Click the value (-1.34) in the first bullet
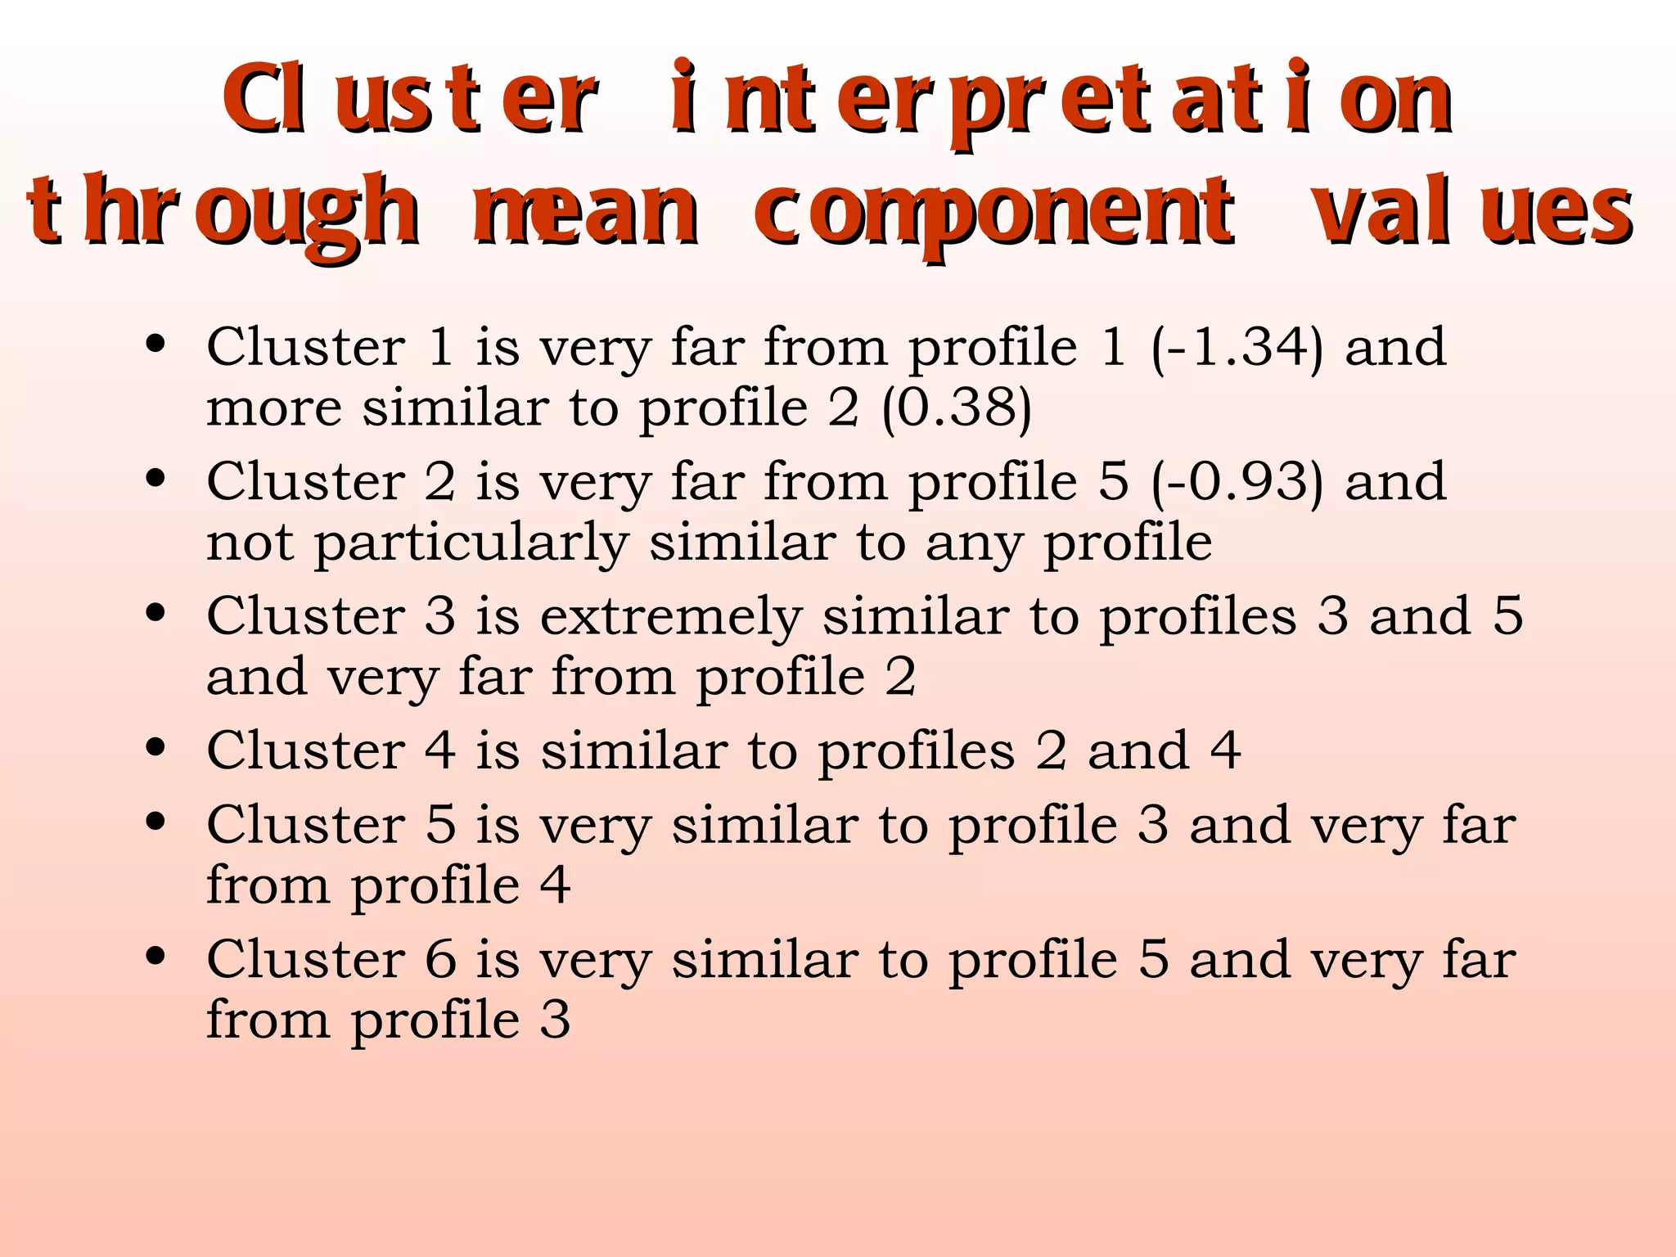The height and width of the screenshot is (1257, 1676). (x=1237, y=347)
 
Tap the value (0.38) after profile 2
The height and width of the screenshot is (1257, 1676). (x=956, y=408)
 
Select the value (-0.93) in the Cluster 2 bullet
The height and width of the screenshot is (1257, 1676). (x=1237, y=481)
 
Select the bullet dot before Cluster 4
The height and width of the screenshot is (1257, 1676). (x=155, y=747)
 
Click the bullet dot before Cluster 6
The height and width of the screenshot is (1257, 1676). (x=155, y=956)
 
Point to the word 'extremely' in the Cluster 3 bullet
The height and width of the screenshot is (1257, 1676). (x=671, y=616)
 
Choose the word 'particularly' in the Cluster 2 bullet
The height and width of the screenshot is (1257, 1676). (x=471, y=543)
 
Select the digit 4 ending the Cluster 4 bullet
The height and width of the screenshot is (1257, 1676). (x=1225, y=750)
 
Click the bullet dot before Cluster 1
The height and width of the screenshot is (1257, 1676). (x=155, y=345)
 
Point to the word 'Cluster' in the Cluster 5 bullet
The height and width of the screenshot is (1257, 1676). (x=305, y=824)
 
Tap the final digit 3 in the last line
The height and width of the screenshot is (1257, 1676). (x=555, y=1020)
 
